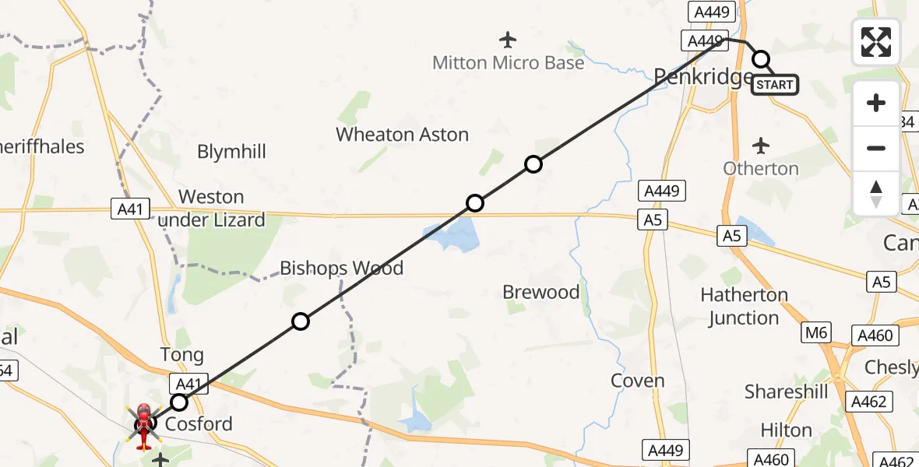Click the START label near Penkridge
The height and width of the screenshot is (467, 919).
775,84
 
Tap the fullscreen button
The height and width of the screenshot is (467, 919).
876,42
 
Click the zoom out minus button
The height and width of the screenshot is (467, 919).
876,148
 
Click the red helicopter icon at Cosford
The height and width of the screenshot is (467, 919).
145,426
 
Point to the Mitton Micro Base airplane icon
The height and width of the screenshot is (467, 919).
508,39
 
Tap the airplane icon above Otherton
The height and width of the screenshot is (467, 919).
761,145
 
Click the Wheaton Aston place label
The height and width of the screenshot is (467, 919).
402,135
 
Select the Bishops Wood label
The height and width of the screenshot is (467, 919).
342,269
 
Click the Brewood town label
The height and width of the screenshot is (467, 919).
540,292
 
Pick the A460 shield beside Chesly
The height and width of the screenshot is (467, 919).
875,335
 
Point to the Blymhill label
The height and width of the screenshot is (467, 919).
231,152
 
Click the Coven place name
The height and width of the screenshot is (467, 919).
638,381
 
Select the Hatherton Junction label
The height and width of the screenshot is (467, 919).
744,306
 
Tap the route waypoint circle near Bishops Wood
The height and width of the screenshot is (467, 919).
301,321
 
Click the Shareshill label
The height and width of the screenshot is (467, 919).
786,392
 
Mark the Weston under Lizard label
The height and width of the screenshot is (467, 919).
212,209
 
